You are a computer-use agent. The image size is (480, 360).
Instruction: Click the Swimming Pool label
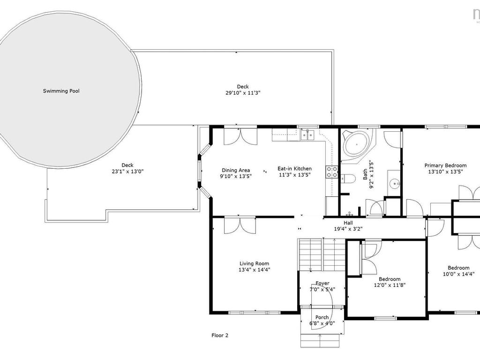click(61, 91)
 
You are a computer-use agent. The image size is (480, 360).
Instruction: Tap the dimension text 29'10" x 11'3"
click(243, 93)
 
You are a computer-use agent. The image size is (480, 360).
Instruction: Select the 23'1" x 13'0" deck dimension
click(127, 172)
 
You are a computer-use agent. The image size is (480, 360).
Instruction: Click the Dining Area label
click(236, 170)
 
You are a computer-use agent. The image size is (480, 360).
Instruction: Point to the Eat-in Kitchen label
click(294, 169)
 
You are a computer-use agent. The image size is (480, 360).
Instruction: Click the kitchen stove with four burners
click(332, 172)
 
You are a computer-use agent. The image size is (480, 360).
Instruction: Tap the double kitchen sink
click(307, 135)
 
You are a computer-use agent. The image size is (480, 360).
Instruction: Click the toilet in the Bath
click(347, 178)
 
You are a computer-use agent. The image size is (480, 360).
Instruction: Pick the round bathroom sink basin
click(395, 184)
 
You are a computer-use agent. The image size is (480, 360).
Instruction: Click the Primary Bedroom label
click(445, 165)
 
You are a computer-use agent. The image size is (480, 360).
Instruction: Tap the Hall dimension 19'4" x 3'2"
click(348, 229)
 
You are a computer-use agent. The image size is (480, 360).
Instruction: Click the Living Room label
click(254, 263)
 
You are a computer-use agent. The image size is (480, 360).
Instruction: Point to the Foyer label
click(322, 284)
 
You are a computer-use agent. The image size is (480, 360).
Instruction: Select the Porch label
click(322, 317)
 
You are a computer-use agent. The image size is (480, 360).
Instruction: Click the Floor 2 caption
click(220, 335)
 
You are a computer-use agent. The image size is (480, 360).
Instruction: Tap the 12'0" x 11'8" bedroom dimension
click(390, 285)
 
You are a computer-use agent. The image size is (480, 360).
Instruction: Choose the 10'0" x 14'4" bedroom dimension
click(458, 274)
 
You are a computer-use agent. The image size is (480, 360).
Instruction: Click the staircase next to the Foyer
click(322, 255)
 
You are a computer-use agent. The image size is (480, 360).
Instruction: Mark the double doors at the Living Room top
click(240, 225)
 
